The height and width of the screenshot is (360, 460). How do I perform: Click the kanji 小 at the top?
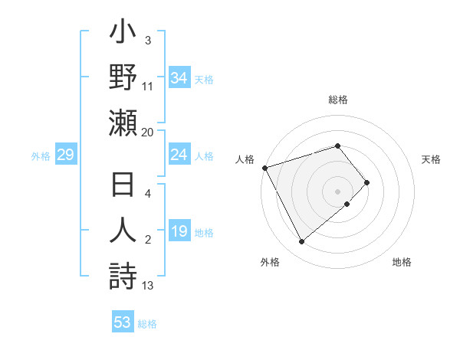tap(123, 34)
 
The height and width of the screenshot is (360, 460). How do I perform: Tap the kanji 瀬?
tap(123, 122)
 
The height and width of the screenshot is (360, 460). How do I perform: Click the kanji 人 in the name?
tap(123, 232)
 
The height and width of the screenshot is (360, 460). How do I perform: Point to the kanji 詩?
tap(123, 276)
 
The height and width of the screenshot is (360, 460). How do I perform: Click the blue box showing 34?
tap(179, 77)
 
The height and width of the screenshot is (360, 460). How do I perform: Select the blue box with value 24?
tap(179, 155)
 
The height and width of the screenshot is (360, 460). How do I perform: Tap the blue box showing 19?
tap(179, 232)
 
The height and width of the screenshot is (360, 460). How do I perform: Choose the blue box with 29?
tap(65, 155)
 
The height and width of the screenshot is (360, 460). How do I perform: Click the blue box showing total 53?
tap(123, 322)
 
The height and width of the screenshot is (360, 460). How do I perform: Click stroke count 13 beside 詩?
tap(148, 286)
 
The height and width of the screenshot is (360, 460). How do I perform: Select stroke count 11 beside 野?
tap(148, 87)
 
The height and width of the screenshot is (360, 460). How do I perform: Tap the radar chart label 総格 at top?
tap(338, 100)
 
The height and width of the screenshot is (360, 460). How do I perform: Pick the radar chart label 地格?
tap(402, 262)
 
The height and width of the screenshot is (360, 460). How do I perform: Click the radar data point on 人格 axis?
tap(264, 167)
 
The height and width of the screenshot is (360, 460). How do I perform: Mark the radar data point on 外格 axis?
tap(301, 242)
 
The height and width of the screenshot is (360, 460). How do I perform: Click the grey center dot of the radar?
tap(338, 191)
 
